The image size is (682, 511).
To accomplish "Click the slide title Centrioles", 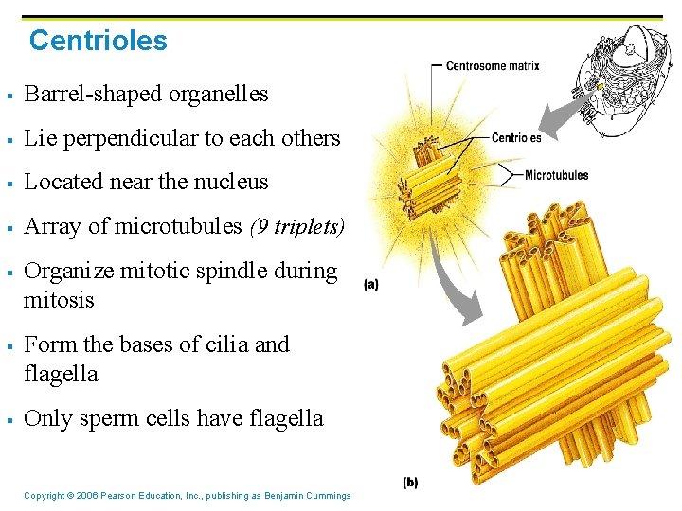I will pyautogui.click(x=98, y=41).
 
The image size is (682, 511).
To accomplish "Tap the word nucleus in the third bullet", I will pyautogui.click(x=231, y=182).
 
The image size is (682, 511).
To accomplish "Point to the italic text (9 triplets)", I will pyautogui.click(x=296, y=226).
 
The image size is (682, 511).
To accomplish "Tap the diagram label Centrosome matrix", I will pyautogui.click(x=492, y=66).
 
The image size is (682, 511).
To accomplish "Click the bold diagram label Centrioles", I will pyautogui.click(x=516, y=138).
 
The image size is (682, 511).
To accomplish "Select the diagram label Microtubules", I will pyautogui.click(x=556, y=175).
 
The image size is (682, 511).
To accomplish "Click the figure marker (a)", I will pyautogui.click(x=370, y=284).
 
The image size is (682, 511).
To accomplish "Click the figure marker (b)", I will pyautogui.click(x=410, y=482).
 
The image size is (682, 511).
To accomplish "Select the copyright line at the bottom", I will pyautogui.click(x=187, y=496).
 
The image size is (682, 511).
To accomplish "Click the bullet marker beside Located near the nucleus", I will pyautogui.click(x=8, y=183).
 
